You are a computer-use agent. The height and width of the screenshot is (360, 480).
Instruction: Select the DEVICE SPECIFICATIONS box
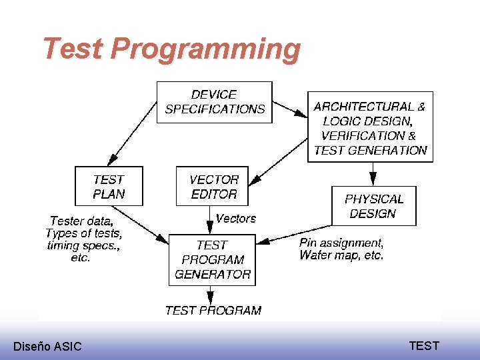tap(215, 102)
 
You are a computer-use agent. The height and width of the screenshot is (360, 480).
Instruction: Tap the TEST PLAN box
tap(109, 187)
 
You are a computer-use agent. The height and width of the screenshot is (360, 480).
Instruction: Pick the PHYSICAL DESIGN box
tap(373, 206)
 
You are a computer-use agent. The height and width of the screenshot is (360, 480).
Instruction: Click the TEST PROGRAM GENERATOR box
tap(212, 259)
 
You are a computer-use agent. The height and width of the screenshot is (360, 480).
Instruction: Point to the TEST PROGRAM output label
tap(213, 310)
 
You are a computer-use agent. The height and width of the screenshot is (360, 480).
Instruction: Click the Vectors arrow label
tap(236, 219)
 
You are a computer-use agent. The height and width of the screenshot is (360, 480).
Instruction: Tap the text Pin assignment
tap(341, 243)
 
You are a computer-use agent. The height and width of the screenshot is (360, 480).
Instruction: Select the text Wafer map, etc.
tap(341, 255)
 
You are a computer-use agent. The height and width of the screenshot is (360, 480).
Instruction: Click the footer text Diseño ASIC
tap(47, 346)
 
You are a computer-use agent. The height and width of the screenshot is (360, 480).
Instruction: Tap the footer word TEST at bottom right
tap(424, 345)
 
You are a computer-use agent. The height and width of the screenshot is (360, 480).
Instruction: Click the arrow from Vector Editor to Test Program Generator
tap(211, 220)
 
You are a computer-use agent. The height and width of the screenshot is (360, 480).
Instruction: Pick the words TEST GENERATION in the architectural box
tap(370, 150)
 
